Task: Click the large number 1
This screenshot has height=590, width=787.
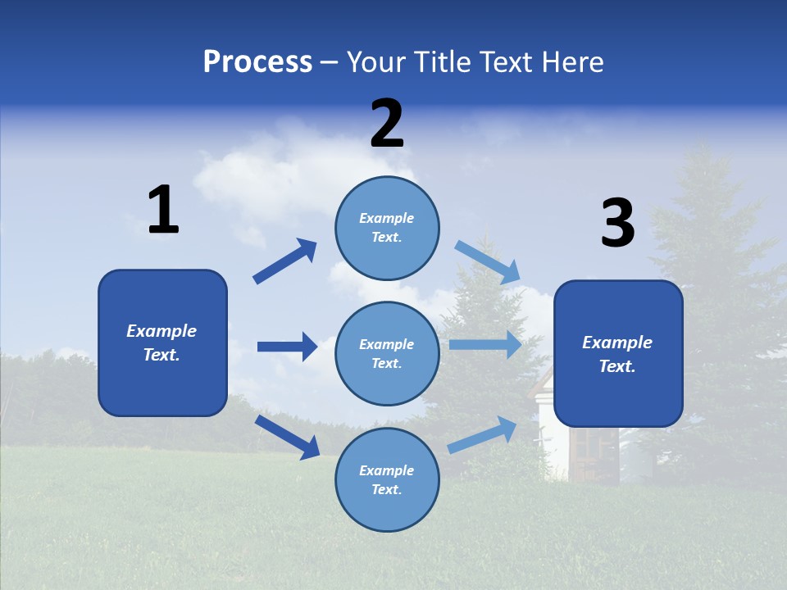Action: (163, 211)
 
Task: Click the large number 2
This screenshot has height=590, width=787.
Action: (387, 124)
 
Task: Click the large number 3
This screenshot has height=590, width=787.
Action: (617, 224)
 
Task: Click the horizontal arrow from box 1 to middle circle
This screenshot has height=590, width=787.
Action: (287, 347)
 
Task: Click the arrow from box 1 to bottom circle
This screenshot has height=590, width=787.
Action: (287, 436)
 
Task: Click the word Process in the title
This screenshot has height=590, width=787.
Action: (257, 61)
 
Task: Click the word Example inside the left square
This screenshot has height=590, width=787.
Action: (161, 331)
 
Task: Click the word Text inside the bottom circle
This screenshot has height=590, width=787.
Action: (385, 489)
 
